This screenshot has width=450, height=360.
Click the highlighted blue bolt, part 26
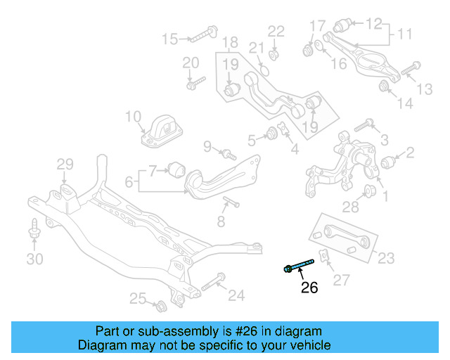[x=298, y=266]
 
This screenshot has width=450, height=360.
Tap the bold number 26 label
[x=309, y=287]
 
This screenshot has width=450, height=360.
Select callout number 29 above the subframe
[x=65, y=165]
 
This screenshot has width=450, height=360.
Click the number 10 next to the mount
[x=133, y=117]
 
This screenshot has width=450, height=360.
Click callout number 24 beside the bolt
[x=236, y=296]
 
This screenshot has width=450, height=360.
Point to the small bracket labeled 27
[x=325, y=255]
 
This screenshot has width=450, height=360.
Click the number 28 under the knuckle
[x=350, y=206]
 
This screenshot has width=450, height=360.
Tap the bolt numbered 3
[x=364, y=127]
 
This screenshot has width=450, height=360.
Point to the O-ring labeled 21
[x=264, y=69]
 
